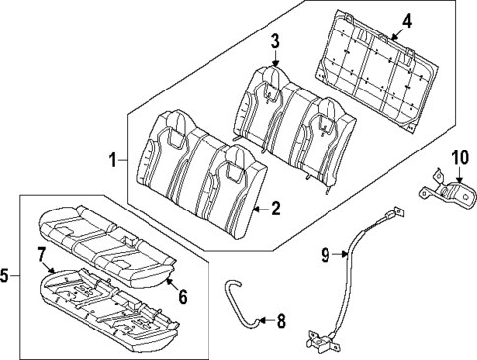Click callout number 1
pyautogui.click(x=113, y=159)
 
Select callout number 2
pyautogui.click(x=276, y=208)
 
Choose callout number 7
pyautogui.click(x=40, y=255)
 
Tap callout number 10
pyautogui.click(x=460, y=157)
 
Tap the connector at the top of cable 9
pyautogui.click(x=394, y=215)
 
